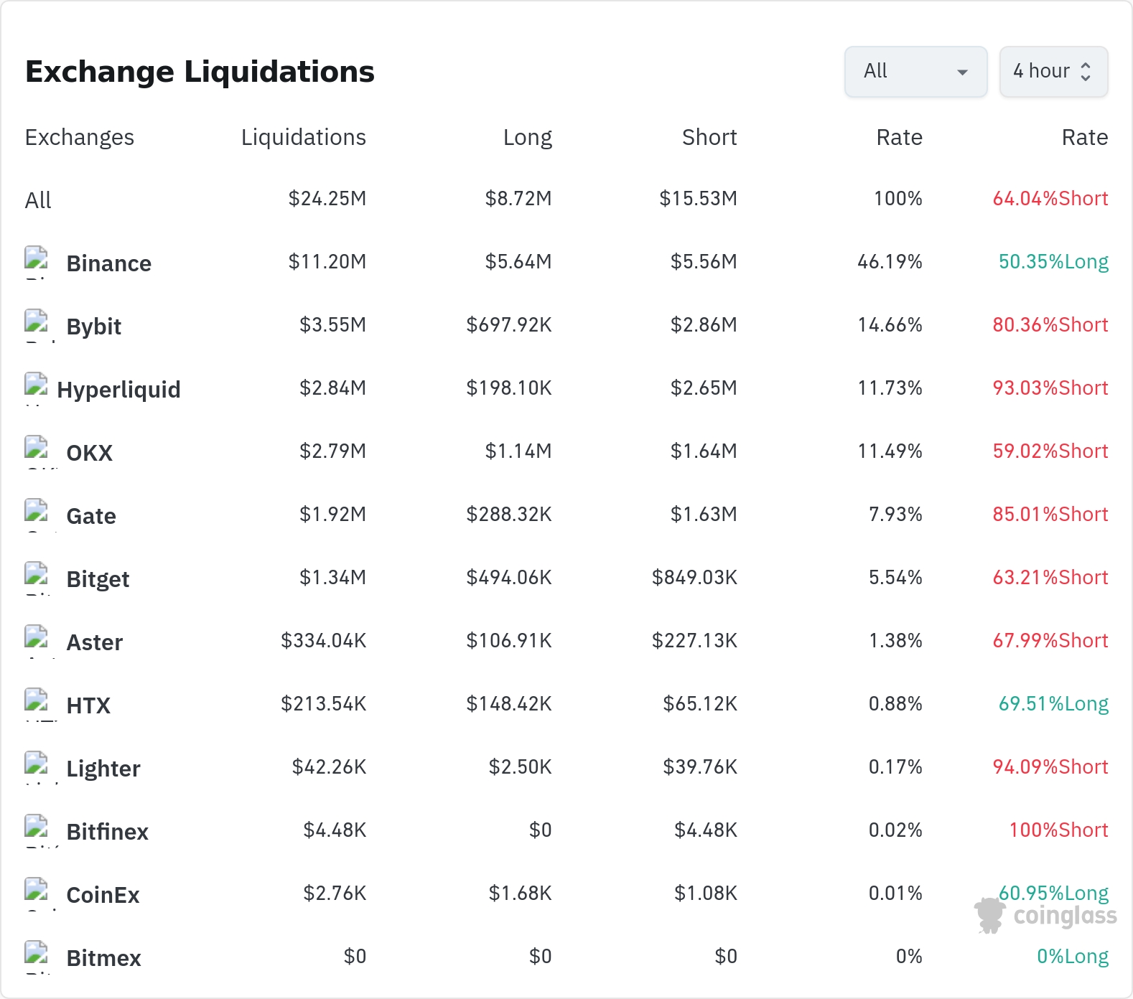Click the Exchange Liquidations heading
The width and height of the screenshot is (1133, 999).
pyautogui.click(x=200, y=72)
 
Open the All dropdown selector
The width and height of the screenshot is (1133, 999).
pyautogui.click(x=915, y=71)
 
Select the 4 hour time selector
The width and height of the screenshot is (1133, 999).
pyautogui.click(x=1053, y=71)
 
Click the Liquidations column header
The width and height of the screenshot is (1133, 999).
pyautogui.click(x=303, y=137)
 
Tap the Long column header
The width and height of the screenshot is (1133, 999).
pyautogui.click(x=528, y=137)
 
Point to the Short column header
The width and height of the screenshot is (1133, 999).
pyautogui.click(x=709, y=137)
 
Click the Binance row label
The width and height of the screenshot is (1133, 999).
pyautogui.click(x=108, y=263)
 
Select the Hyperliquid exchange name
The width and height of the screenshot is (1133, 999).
pyautogui.click(x=118, y=390)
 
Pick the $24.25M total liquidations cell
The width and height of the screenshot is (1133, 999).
pyautogui.click(x=327, y=198)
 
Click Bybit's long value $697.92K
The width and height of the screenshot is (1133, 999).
pyautogui.click(x=509, y=324)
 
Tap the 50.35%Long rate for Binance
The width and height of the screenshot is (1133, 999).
pyautogui.click(x=1053, y=262)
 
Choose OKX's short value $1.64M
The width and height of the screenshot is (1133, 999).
pyautogui.click(x=704, y=451)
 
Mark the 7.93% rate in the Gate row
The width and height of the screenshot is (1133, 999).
pyautogui.click(x=895, y=514)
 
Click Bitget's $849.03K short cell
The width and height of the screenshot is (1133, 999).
pyautogui.click(x=694, y=577)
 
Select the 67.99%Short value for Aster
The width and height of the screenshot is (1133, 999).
pyautogui.click(x=1050, y=640)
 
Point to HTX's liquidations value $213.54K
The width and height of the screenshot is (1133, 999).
pyautogui.click(x=324, y=703)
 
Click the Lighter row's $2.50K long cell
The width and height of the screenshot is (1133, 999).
pyautogui.click(x=521, y=766)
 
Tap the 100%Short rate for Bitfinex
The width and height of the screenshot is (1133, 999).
pyautogui.click(x=1059, y=830)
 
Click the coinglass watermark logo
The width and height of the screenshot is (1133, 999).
pyautogui.click(x=1045, y=915)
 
